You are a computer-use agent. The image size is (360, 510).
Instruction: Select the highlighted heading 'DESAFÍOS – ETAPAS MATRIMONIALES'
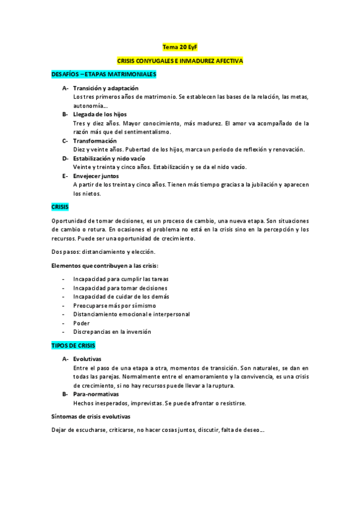(103, 74)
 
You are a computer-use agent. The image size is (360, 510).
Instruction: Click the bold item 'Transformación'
(95, 141)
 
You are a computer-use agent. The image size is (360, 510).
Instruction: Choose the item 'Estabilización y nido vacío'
(109, 158)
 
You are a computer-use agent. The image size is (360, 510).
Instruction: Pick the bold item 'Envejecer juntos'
(96, 176)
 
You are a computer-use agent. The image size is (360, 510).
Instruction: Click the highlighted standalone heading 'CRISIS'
(60, 206)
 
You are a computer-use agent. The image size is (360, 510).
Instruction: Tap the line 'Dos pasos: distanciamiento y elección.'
(104, 251)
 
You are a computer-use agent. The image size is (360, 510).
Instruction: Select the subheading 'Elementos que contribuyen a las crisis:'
(107, 265)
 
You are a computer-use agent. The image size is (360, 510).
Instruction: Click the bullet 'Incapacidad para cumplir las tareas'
(121, 279)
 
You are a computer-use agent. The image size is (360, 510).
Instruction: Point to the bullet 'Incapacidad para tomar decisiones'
(120, 288)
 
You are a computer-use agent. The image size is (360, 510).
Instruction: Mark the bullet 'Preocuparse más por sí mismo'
(114, 306)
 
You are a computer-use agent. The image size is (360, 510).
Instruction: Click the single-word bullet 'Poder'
(81, 323)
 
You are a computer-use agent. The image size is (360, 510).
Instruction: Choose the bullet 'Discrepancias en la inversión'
(112, 331)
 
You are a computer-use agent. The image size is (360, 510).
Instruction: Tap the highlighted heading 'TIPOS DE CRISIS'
(73, 346)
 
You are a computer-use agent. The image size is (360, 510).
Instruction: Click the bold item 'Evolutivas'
(88, 359)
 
